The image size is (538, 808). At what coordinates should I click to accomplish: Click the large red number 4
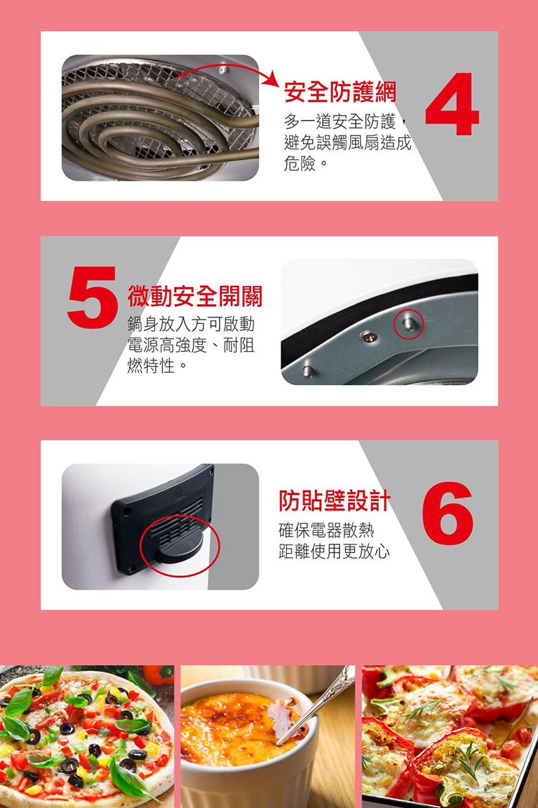[452, 104]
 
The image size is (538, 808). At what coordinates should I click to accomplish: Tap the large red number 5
[92, 297]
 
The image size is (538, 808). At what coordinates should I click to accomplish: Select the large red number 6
[448, 514]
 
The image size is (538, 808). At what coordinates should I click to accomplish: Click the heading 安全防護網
[340, 92]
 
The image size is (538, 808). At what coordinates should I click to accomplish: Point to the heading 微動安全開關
[195, 296]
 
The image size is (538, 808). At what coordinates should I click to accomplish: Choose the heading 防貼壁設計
[335, 501]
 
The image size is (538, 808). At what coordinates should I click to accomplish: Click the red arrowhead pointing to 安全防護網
[271, 79]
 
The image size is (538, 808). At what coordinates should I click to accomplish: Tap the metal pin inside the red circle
[409, 324]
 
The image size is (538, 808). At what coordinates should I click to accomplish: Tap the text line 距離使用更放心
[334, 552]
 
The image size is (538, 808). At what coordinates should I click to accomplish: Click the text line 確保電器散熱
[326, 530]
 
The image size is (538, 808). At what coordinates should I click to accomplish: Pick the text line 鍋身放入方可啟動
[191, 324]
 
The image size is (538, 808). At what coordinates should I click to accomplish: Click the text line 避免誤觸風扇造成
[347, 142]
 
